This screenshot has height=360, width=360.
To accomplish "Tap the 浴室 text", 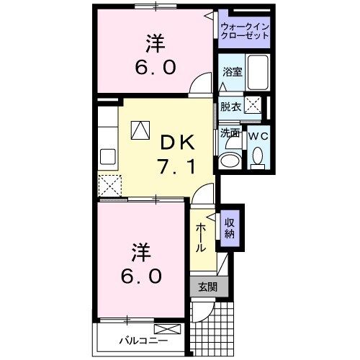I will coord(232,72).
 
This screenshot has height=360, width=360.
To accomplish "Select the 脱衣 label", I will coord(231,107).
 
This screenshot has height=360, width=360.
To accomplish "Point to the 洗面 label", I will coord(230,133).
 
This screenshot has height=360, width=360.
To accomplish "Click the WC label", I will coord(257,134).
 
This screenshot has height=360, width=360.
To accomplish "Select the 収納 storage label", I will coord(230,228).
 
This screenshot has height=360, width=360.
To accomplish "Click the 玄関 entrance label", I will coord(208,286).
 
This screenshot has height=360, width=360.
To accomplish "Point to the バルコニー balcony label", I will coord(143,341).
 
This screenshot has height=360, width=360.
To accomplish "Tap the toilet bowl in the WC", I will coord(258,156).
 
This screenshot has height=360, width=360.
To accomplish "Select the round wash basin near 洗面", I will coord(230,160).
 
